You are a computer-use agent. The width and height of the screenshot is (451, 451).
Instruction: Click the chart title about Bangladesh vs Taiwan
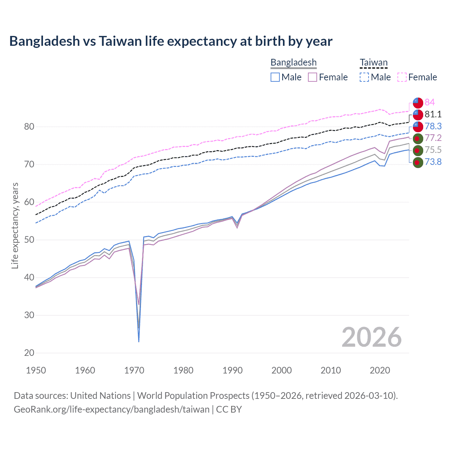171,41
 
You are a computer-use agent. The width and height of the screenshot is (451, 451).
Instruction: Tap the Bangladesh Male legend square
275,77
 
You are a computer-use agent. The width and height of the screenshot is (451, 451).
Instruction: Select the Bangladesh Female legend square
313,77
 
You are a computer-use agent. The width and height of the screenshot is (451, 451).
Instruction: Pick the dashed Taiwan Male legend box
364,77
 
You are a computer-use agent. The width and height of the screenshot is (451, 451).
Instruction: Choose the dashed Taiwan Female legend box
402,77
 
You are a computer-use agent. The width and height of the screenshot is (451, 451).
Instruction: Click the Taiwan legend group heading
373,63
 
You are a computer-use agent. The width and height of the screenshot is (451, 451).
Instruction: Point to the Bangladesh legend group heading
294,63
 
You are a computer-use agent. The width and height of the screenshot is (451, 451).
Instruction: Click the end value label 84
430,102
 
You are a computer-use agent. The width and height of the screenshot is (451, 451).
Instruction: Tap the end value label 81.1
433,114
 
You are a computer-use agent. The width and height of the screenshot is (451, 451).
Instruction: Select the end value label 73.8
433,162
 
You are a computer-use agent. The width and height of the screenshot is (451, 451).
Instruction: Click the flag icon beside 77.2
418,138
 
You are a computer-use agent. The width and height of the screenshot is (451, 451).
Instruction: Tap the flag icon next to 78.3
418,126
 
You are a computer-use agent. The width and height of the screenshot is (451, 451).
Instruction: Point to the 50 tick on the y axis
29,240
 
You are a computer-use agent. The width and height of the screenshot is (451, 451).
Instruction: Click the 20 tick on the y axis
29,353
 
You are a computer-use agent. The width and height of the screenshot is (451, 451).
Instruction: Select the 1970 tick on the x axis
134,370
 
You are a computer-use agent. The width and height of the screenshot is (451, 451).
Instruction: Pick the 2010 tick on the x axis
330,370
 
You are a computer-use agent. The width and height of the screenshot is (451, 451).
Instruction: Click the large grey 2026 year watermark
371,337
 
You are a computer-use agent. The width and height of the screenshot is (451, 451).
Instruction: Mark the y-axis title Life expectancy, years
15,225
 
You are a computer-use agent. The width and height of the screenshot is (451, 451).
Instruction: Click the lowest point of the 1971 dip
139,341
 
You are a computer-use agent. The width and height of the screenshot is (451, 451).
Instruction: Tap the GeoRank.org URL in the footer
112,409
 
